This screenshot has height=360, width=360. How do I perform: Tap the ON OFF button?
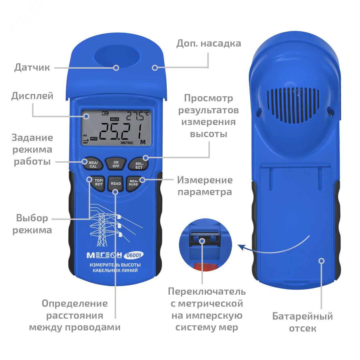[116, 164]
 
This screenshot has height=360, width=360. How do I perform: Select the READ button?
[116, 184]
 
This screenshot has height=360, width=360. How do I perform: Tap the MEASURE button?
[133, 183]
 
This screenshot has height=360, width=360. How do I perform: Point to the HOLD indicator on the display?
[114, 119]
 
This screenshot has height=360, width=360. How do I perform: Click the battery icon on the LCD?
[105, 113]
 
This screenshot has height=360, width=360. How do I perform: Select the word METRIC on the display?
[127, 143]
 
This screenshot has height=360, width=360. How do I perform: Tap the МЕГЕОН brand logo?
[104, 255]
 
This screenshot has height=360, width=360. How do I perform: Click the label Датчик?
[32, 68]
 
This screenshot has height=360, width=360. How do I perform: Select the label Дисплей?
[32, 96]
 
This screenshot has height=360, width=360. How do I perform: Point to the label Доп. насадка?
[208, 44]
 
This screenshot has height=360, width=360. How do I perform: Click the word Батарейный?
[303, 316]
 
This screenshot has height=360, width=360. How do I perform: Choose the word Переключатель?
[207, 292]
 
